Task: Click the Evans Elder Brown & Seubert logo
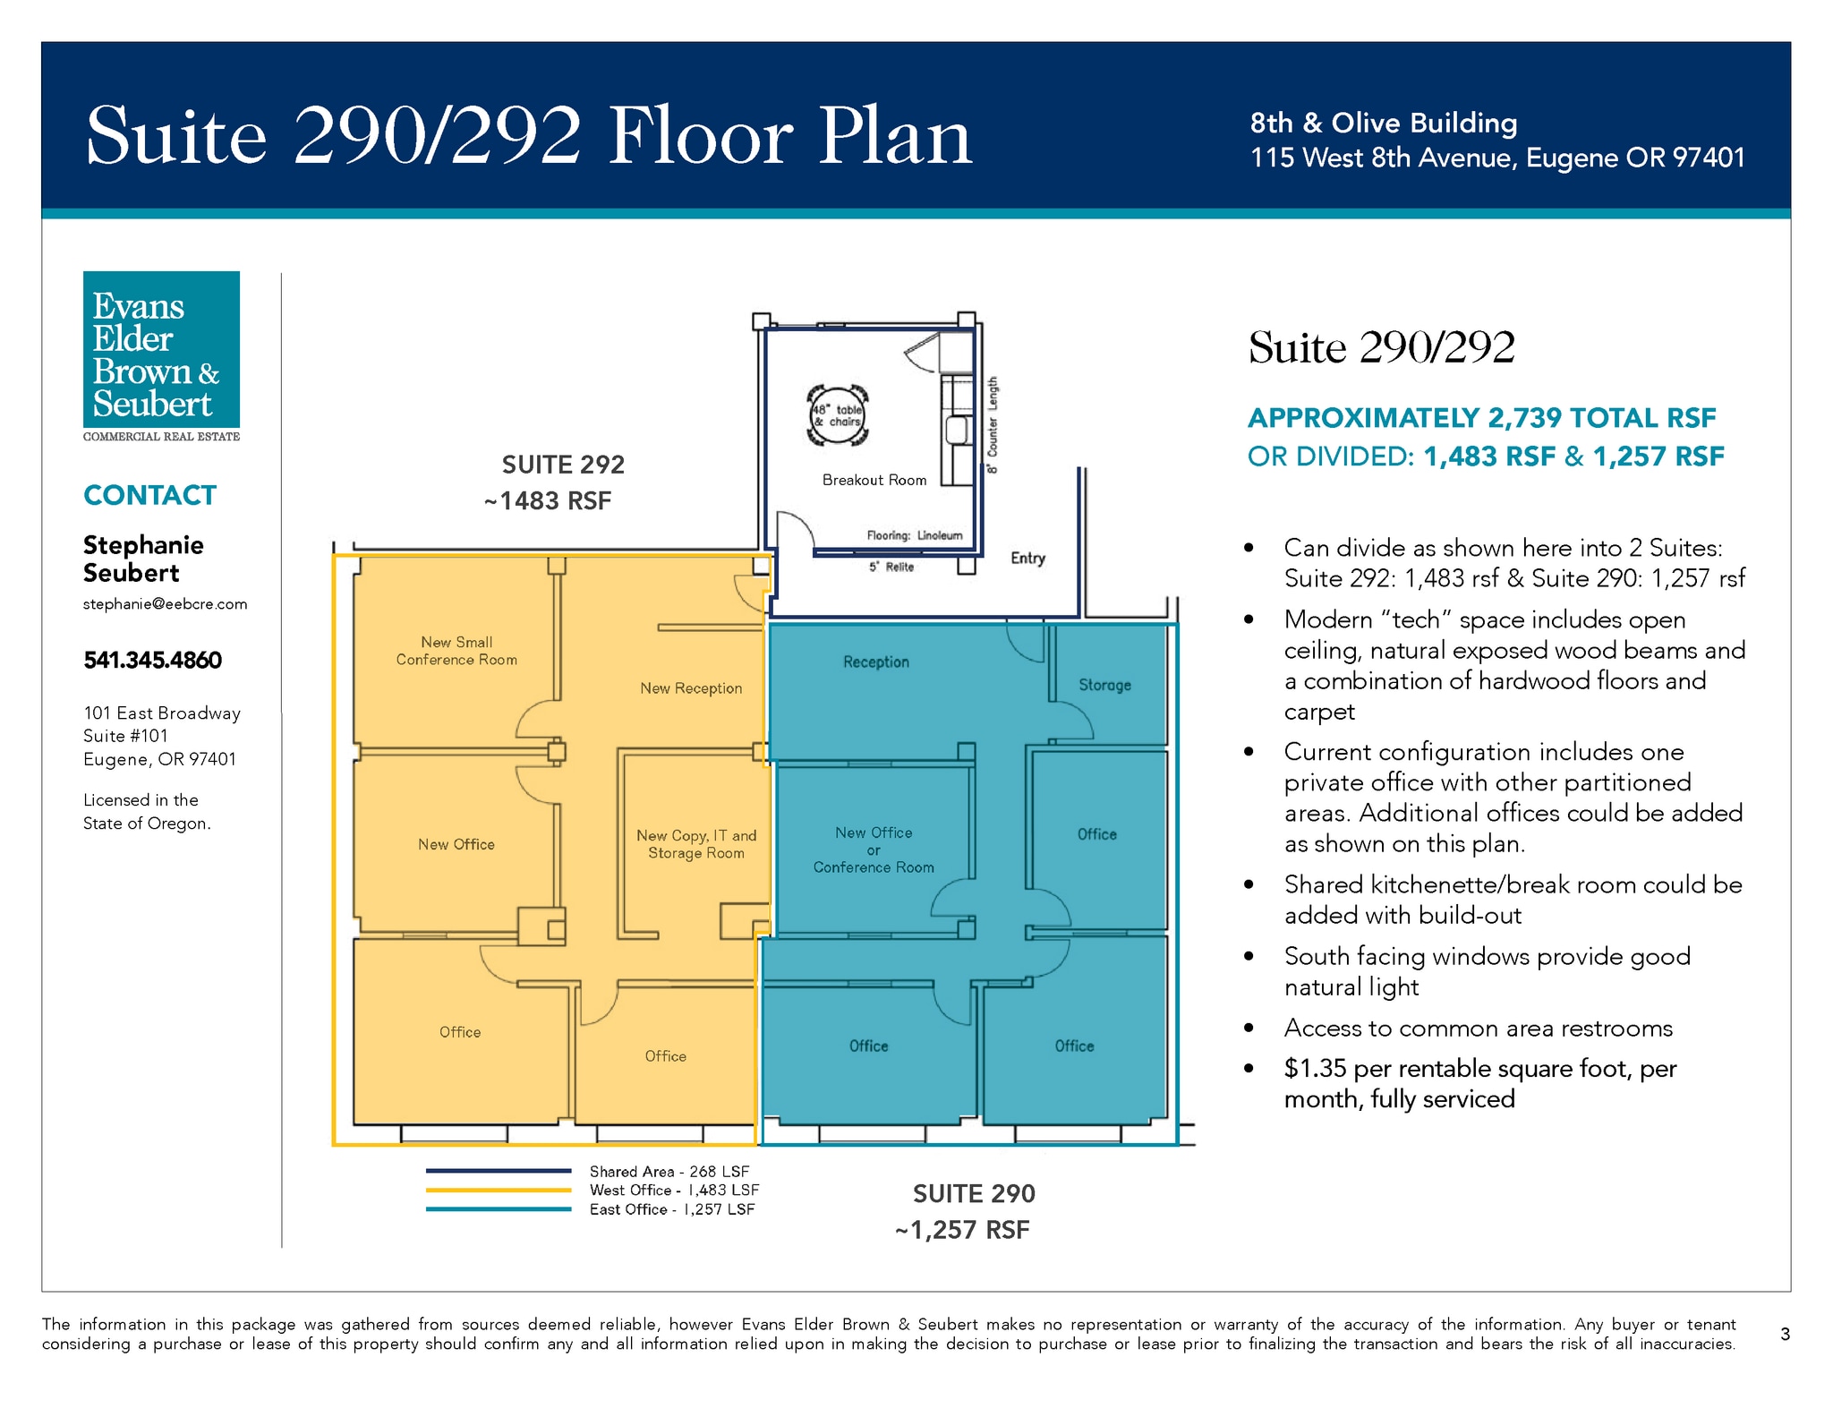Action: click(x=161, y=356)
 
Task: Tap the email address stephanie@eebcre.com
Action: click(x=166, y=604)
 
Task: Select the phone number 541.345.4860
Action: click(x=152, y=661)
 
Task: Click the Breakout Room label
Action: click(x=874, y=481)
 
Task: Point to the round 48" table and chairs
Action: click(x=838, y=415)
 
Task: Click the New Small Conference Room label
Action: click(x=456, y=651)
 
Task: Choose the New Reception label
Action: click(x=691, y=688)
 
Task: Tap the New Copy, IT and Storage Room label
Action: click(x=696, y=844)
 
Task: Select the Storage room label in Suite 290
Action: click(x=1104, y=686)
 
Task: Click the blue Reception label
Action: click(x=876, y=662)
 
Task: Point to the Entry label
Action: click(x=1027, y=559)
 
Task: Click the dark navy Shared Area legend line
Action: click(x=499, y=1171)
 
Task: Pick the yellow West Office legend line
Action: click(x=499, y=1191)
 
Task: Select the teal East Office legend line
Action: click(x=499, y=1209)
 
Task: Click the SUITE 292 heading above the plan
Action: click(x=563, y=465)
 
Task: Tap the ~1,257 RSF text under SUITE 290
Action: click(x=962, y=1231)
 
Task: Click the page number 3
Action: click(x=1785, y=1335)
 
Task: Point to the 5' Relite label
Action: click(x=891, y=567)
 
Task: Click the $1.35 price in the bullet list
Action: click(x=1316, y=1069)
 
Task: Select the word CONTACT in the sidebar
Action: click(x=149, y=496)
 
